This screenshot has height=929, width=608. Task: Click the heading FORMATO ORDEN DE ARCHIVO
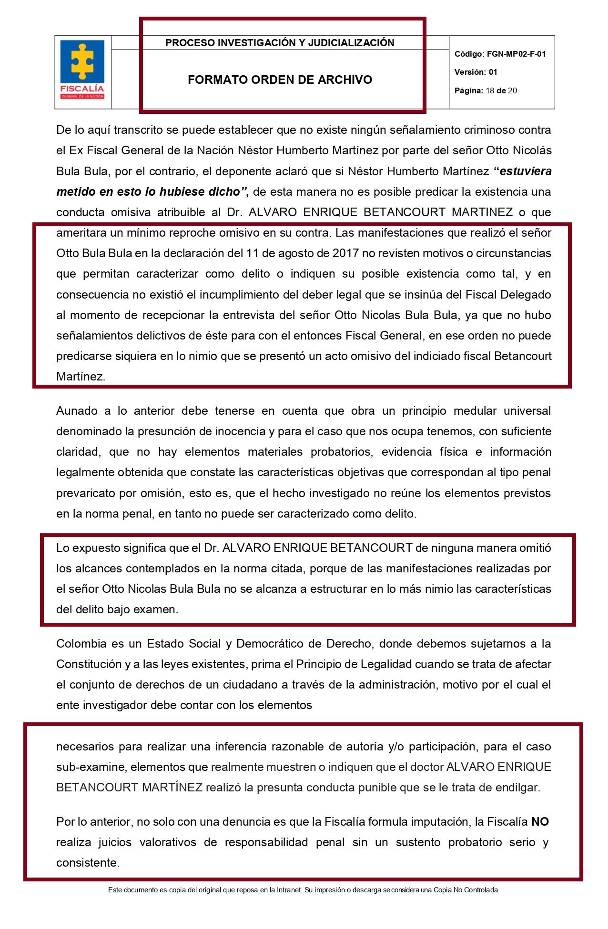280,80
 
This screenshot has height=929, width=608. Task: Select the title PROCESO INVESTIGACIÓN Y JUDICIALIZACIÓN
280,43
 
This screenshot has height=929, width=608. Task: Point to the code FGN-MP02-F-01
516,54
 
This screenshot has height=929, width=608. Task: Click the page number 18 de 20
501,90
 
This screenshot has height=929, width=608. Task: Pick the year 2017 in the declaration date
345,253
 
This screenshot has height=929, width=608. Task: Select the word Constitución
89,664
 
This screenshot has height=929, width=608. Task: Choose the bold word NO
540,821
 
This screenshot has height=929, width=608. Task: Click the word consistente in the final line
87,862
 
